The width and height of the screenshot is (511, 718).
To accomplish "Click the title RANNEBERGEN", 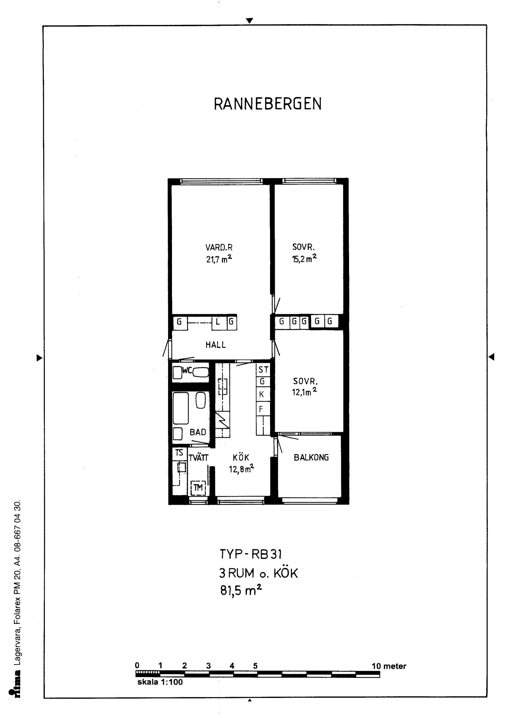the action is (x=268, y=104).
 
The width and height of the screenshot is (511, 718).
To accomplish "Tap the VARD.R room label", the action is (x=219, y=247).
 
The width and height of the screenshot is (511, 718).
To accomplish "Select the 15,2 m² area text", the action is (x=304, y=258).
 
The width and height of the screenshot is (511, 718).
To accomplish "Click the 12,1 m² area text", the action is (x=305, y=392).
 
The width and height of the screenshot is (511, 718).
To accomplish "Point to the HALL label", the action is (x=216, y=345).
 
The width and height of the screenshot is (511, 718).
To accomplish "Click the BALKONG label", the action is (x=311, y=458).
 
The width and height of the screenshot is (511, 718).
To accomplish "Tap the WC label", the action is (x=187, y=370).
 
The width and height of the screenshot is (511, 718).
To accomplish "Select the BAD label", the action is (x=198, y=432).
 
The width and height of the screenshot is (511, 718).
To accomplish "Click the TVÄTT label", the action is (x=199, y=458).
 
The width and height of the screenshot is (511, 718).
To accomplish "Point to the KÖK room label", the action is (x=241, y=457).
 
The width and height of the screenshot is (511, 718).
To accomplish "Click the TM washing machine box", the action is (x=198, y=488).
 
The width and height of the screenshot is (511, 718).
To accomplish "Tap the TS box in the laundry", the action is (x=179, y=453).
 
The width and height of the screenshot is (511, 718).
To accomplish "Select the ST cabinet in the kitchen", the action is (x=263, y=370).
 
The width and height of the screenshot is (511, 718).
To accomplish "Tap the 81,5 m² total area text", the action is (x=241, y=590).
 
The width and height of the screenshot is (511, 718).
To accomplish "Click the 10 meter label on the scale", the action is (x=389, y=666).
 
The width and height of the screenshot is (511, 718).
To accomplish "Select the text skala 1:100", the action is (x=160, y=682).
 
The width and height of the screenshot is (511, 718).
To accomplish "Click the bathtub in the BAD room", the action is (x=181, y=409).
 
